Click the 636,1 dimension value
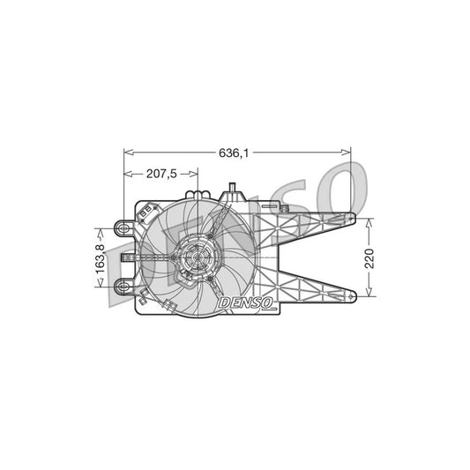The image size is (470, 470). (x=235, y=153)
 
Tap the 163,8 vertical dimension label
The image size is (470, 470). (x=101, y=257)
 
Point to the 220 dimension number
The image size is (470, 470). (x=370, y=257)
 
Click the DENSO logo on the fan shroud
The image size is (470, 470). (x=248, y=302)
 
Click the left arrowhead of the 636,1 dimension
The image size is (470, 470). (x=125, y=153)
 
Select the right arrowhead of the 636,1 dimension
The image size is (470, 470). (x=348, y=153)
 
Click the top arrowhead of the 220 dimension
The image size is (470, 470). (x=370, y=220)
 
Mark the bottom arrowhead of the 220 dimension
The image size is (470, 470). (x=370, y=294)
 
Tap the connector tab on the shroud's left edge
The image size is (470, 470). (x=127, y=257)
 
